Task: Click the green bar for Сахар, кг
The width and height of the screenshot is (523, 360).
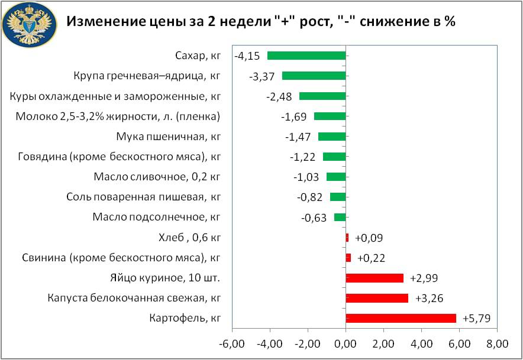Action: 306,56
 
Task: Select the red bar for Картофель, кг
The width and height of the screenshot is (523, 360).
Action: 401,318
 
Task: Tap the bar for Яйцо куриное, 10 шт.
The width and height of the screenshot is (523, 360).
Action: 374,278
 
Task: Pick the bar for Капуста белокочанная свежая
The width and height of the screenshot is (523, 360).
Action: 376,298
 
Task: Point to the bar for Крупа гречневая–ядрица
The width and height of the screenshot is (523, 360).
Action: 314,76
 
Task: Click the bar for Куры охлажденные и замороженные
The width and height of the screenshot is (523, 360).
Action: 322,96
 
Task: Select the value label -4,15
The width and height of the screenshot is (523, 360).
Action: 247,56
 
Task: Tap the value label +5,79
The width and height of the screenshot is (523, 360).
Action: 476,319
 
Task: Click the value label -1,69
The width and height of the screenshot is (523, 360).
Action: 293,116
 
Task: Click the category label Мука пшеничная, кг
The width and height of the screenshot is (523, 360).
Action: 169,137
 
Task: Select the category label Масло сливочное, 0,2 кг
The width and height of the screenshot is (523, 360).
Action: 157,177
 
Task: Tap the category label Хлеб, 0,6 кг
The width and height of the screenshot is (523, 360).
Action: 190,238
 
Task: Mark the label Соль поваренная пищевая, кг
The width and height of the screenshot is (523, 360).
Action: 144,197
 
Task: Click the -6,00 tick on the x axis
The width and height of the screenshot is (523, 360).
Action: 231,344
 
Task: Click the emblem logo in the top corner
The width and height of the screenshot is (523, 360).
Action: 28,25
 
